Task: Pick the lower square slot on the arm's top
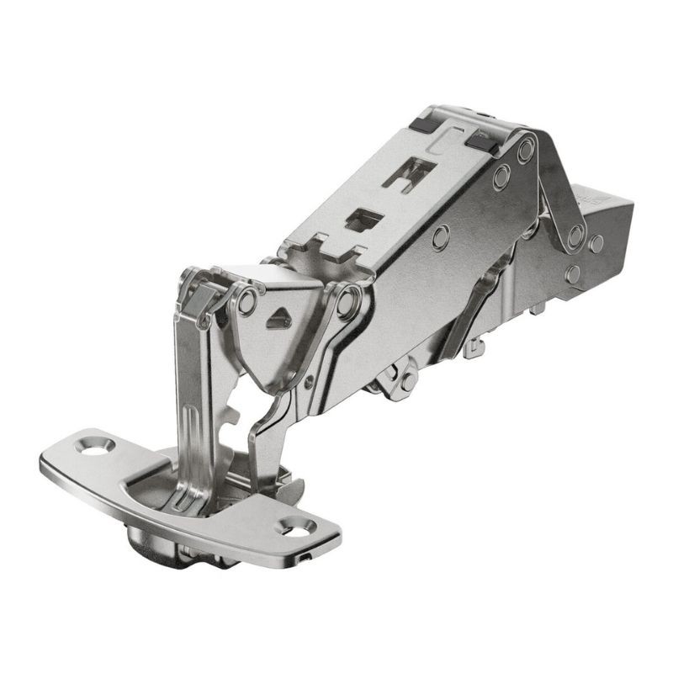pyautogui.click(x=363, y=220)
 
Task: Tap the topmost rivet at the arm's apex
pyautogui.click(x=526, y=152)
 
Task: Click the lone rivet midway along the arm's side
pyautogui.click(x=440, y=237)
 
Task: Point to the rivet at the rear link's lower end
pyautogui.click(x=575, y=236)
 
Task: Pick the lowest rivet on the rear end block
pyautogui.click(x=574, y=273)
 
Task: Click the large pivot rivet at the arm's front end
pyautogui.click(x=348, y=299)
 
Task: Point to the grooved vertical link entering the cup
pyautogui.click(x=189, y=404)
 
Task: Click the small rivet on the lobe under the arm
pyautogui.click(x=405, y=379)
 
